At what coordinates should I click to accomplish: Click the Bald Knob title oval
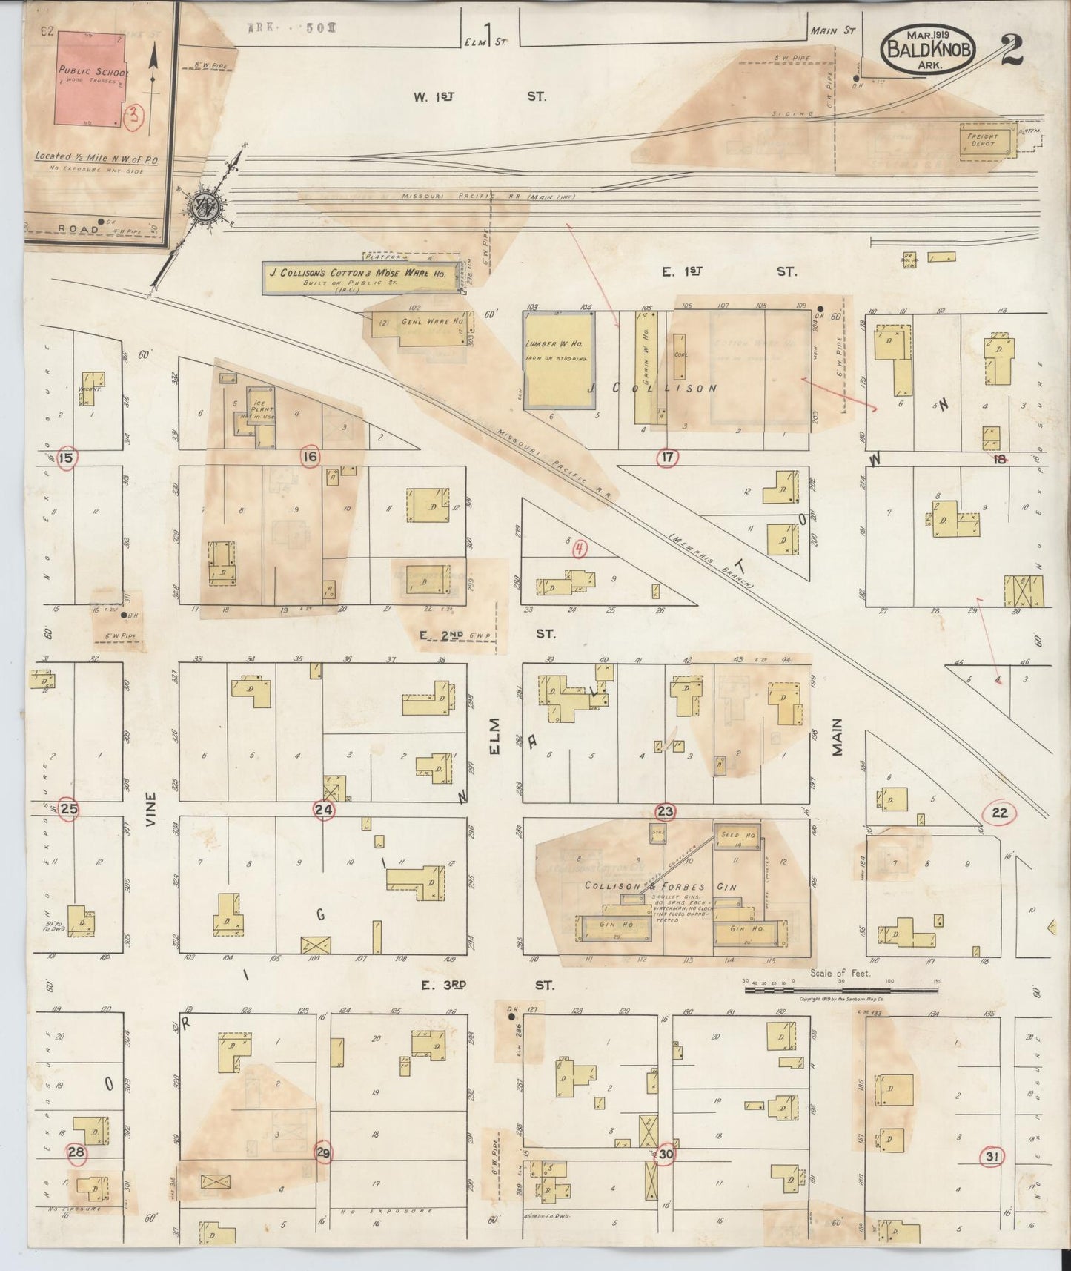928,47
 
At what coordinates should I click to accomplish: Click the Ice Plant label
262,409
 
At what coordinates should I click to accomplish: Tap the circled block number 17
667,458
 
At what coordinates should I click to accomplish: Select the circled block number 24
324,810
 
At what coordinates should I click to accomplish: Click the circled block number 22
999,813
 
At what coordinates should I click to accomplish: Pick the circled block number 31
993,1177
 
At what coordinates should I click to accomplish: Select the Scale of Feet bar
841,989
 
